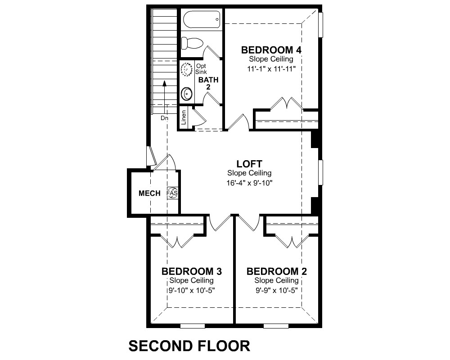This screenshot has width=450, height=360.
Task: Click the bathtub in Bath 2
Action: click(202, 19)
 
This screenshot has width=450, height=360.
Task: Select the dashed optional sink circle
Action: click(187, 69)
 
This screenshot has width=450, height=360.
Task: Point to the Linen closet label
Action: click(184, 117)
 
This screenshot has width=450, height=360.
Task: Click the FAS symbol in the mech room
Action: click(172, 193)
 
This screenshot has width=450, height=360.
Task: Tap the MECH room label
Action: click(149, 193)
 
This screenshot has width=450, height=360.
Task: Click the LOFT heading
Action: click(249, 164)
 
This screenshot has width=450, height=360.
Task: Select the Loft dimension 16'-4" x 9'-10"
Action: click(249, 183)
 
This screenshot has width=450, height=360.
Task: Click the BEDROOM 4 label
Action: click(271, 50)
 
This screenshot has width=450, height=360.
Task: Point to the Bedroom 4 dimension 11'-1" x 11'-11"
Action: click(271, 69)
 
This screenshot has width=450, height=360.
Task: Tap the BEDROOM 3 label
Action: click(191, 271)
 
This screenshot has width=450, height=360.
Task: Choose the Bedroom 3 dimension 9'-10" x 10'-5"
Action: click(191, 290)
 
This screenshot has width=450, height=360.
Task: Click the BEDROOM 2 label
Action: click(277, 271)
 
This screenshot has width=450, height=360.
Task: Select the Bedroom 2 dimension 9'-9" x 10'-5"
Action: click(277, 290)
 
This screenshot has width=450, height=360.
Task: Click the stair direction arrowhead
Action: click(164, 83)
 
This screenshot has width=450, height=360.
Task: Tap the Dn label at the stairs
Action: click(164, 118)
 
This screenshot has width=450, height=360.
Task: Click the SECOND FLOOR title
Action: click(189, 346)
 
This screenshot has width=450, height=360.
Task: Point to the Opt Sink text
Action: click(201, 69)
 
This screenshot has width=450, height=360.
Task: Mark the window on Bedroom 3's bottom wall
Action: click(192, 326)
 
